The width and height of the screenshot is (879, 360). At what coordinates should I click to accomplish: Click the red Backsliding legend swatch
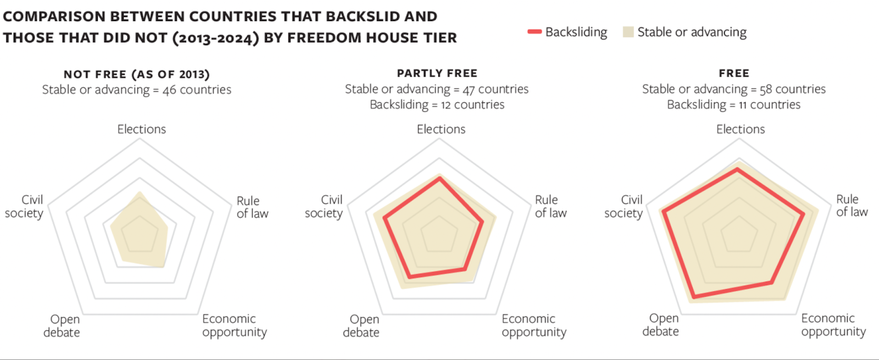tap(535, 31)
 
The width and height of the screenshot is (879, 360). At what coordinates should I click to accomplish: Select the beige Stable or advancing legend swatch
tap(628, 32)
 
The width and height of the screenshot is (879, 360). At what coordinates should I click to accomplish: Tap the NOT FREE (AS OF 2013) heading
tap(137, 74)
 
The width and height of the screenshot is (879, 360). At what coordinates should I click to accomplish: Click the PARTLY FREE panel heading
tap(437, 73)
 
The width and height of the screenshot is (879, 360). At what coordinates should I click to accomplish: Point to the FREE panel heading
tap(734, 73)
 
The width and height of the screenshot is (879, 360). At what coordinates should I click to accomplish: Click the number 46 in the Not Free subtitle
tap(169, 90)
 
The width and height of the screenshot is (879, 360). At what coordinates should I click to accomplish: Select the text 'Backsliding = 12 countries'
tap(437, 105)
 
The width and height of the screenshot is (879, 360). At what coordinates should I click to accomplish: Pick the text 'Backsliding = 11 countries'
tap(734, 105)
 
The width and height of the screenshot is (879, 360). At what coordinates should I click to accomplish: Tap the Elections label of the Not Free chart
tap(142, 129)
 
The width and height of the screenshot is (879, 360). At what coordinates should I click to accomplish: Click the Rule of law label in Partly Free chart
tap(551, 207)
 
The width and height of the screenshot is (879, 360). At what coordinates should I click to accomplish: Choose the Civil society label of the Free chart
tap(624, 207)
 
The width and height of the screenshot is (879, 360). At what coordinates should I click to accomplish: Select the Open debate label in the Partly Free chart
tap(361, 326)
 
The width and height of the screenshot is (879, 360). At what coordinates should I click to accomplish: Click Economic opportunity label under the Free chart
tap(833, 325)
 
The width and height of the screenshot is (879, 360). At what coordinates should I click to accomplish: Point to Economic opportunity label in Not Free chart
tap(235, 325)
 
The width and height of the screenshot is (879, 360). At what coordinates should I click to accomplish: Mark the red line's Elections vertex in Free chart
tap(737, 169)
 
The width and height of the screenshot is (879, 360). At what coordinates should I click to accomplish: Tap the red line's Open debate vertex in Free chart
tap(694, 297)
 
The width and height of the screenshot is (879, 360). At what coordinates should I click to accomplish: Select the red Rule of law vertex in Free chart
tap(803, 214)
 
